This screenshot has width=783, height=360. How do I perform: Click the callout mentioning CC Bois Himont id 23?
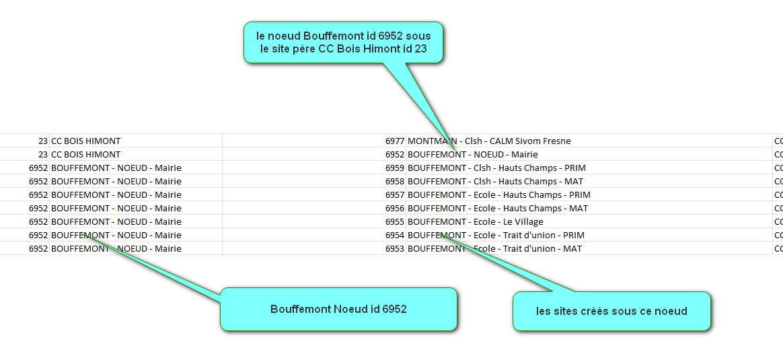click(343, 42)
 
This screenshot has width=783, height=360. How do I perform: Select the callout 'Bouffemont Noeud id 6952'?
click(338, 309)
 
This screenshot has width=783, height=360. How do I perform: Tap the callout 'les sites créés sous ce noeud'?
click(611, 311)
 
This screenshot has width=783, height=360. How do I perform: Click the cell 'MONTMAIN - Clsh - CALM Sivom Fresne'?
click(490, 141)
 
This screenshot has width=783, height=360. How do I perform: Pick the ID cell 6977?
click(394, 141)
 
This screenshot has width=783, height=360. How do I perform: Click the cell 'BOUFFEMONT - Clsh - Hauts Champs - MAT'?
click(495, 181)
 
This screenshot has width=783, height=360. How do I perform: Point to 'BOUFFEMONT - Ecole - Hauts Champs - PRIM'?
click(499, 194)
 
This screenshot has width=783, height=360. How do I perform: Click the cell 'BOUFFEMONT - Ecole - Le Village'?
click(476, 221)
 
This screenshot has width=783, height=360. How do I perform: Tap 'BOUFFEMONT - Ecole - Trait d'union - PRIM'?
click(496, 235)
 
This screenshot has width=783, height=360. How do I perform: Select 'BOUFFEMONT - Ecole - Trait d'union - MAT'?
click(495, 249)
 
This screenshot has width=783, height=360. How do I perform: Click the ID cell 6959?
click(394, 168)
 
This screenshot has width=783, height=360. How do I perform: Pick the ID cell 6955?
click(394, 221)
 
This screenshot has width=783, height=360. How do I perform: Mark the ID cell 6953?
click(394, 249)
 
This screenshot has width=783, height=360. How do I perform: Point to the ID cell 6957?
click(394, 194)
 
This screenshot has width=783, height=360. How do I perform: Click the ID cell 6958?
click(394, 181)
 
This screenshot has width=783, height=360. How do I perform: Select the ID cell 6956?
click(394, 208)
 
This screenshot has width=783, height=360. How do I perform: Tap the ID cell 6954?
click(394, 235)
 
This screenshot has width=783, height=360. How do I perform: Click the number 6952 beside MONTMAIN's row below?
click(394, 154)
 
